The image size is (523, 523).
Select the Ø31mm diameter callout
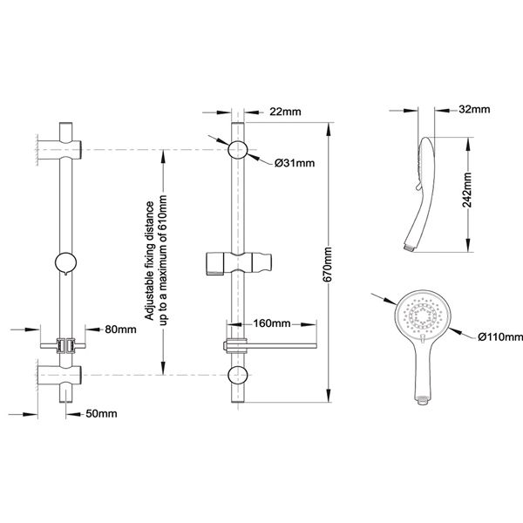click(295, 164)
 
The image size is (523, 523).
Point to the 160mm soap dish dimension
click(272, 323)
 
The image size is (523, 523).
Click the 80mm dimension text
click(120, 329)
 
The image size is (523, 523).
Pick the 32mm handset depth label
click(473, 109)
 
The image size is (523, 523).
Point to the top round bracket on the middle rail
click(237, 149)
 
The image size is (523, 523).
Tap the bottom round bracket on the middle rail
click(237, 377)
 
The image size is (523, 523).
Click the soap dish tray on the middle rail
click(270, 344)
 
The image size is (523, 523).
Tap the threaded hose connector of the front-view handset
click(423, 400)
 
